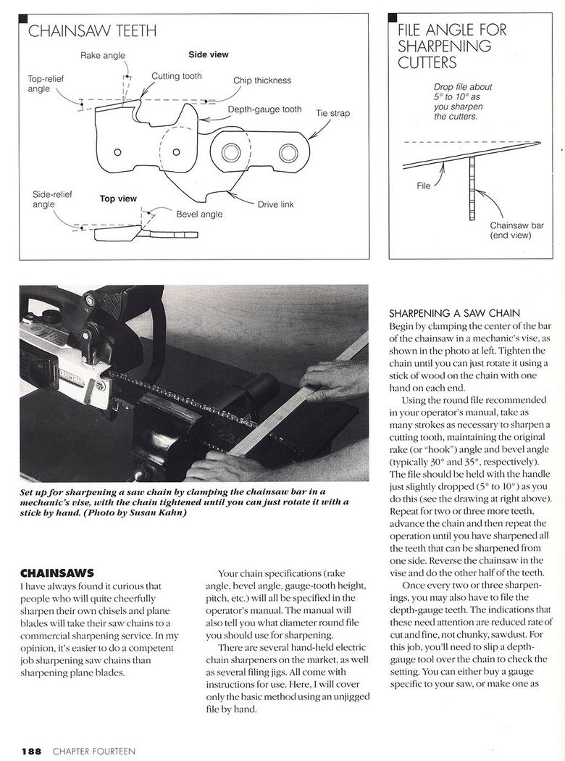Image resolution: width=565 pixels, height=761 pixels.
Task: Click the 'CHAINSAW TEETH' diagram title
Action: [92, 31]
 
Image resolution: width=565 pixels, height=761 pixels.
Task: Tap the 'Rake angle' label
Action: [102, 55]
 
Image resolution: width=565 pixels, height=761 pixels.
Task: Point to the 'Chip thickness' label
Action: [262, 80]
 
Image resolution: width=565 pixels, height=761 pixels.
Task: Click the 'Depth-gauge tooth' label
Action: [265, 109]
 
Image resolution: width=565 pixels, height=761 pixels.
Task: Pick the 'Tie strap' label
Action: [332, 113]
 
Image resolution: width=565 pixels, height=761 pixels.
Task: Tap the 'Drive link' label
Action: [275, 204]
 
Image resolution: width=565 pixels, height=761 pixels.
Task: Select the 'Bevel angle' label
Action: [199, 214]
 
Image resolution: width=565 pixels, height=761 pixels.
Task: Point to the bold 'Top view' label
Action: [118, 199]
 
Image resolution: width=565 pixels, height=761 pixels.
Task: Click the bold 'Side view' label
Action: [208, 55]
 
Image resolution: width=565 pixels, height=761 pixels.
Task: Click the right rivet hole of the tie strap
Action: [288, 152]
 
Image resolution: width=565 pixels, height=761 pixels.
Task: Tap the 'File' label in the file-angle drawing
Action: [423, 186]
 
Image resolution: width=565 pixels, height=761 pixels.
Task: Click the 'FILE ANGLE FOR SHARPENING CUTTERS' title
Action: [452, 46]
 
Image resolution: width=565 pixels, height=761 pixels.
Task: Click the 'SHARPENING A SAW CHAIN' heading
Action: [454, 314]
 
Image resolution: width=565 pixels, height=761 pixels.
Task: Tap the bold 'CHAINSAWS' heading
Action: [56, 573]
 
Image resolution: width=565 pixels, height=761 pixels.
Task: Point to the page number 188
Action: [31, 751]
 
